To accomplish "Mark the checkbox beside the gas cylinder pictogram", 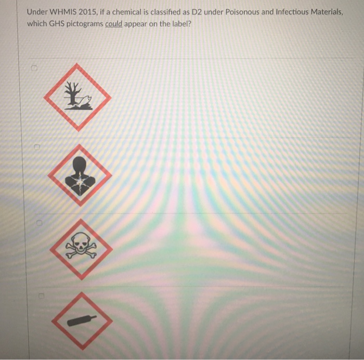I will pyautogui.click(x=38, y=296).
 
